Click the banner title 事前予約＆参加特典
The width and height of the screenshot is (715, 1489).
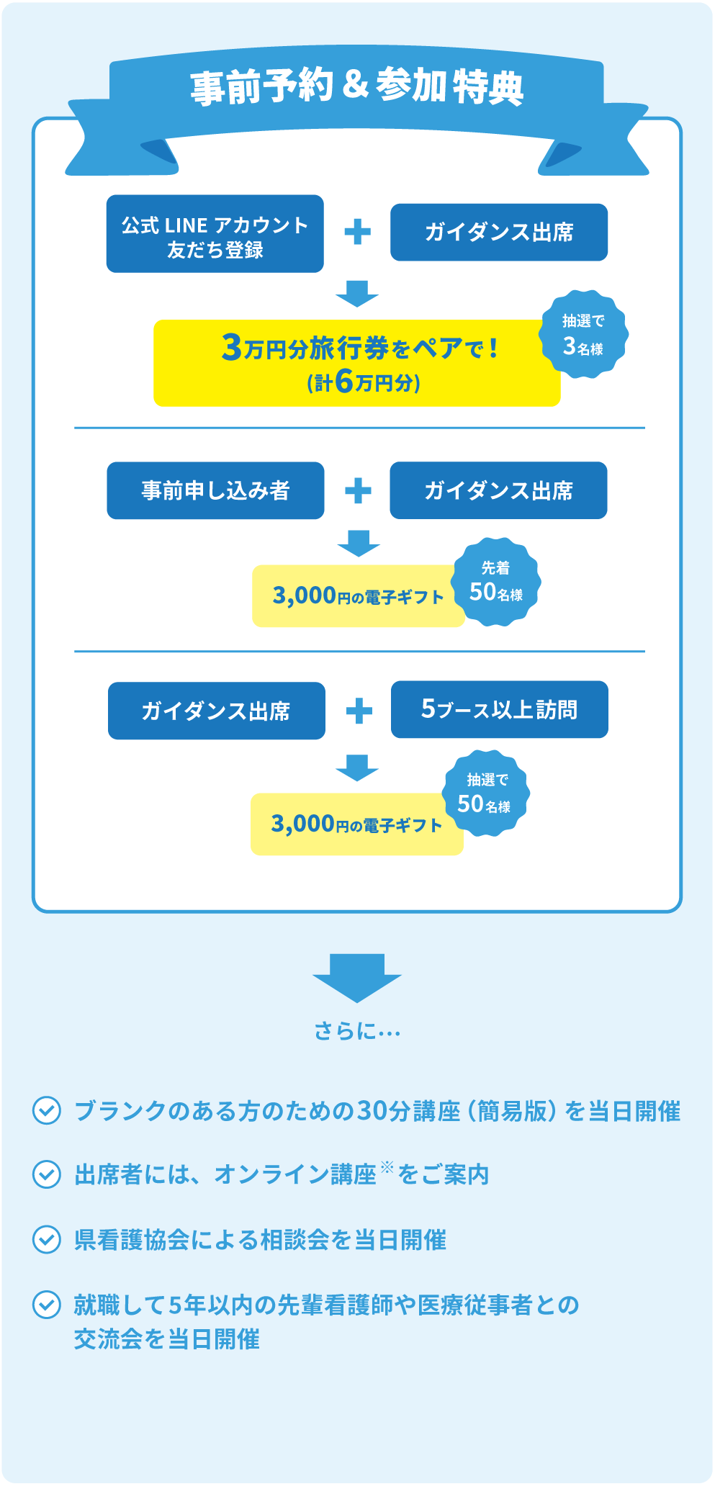coord(356,87)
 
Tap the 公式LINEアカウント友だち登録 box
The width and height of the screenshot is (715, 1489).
coord(215,234)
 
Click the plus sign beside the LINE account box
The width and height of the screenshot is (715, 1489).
coord(357,233)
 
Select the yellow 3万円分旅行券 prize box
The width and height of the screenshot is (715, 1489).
coord(356,363)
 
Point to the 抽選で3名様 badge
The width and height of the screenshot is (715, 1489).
coord(583,335)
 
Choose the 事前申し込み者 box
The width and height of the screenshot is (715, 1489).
coord(215,490)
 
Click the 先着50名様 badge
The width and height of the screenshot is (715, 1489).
coord(496,582)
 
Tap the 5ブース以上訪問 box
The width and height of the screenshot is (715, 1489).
coord(499,709)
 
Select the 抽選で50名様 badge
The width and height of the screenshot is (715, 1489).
coord(486,793)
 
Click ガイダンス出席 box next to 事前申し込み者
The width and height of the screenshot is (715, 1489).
coord(498,490)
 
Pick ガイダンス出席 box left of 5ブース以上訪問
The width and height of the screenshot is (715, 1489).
coord(216,711)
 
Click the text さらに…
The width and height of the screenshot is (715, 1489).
coord(357,1032)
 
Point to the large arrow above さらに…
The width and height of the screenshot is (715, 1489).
coord(357,977)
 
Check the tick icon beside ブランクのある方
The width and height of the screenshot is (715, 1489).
coord(47,1110)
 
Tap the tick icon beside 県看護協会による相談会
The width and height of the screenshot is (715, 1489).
coord(47,1239)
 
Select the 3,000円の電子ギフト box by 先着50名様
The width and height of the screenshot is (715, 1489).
coord(358,596)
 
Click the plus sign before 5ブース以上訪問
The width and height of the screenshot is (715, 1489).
coord(359,711)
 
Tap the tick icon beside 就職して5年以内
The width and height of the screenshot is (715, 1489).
coord(47,1304)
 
